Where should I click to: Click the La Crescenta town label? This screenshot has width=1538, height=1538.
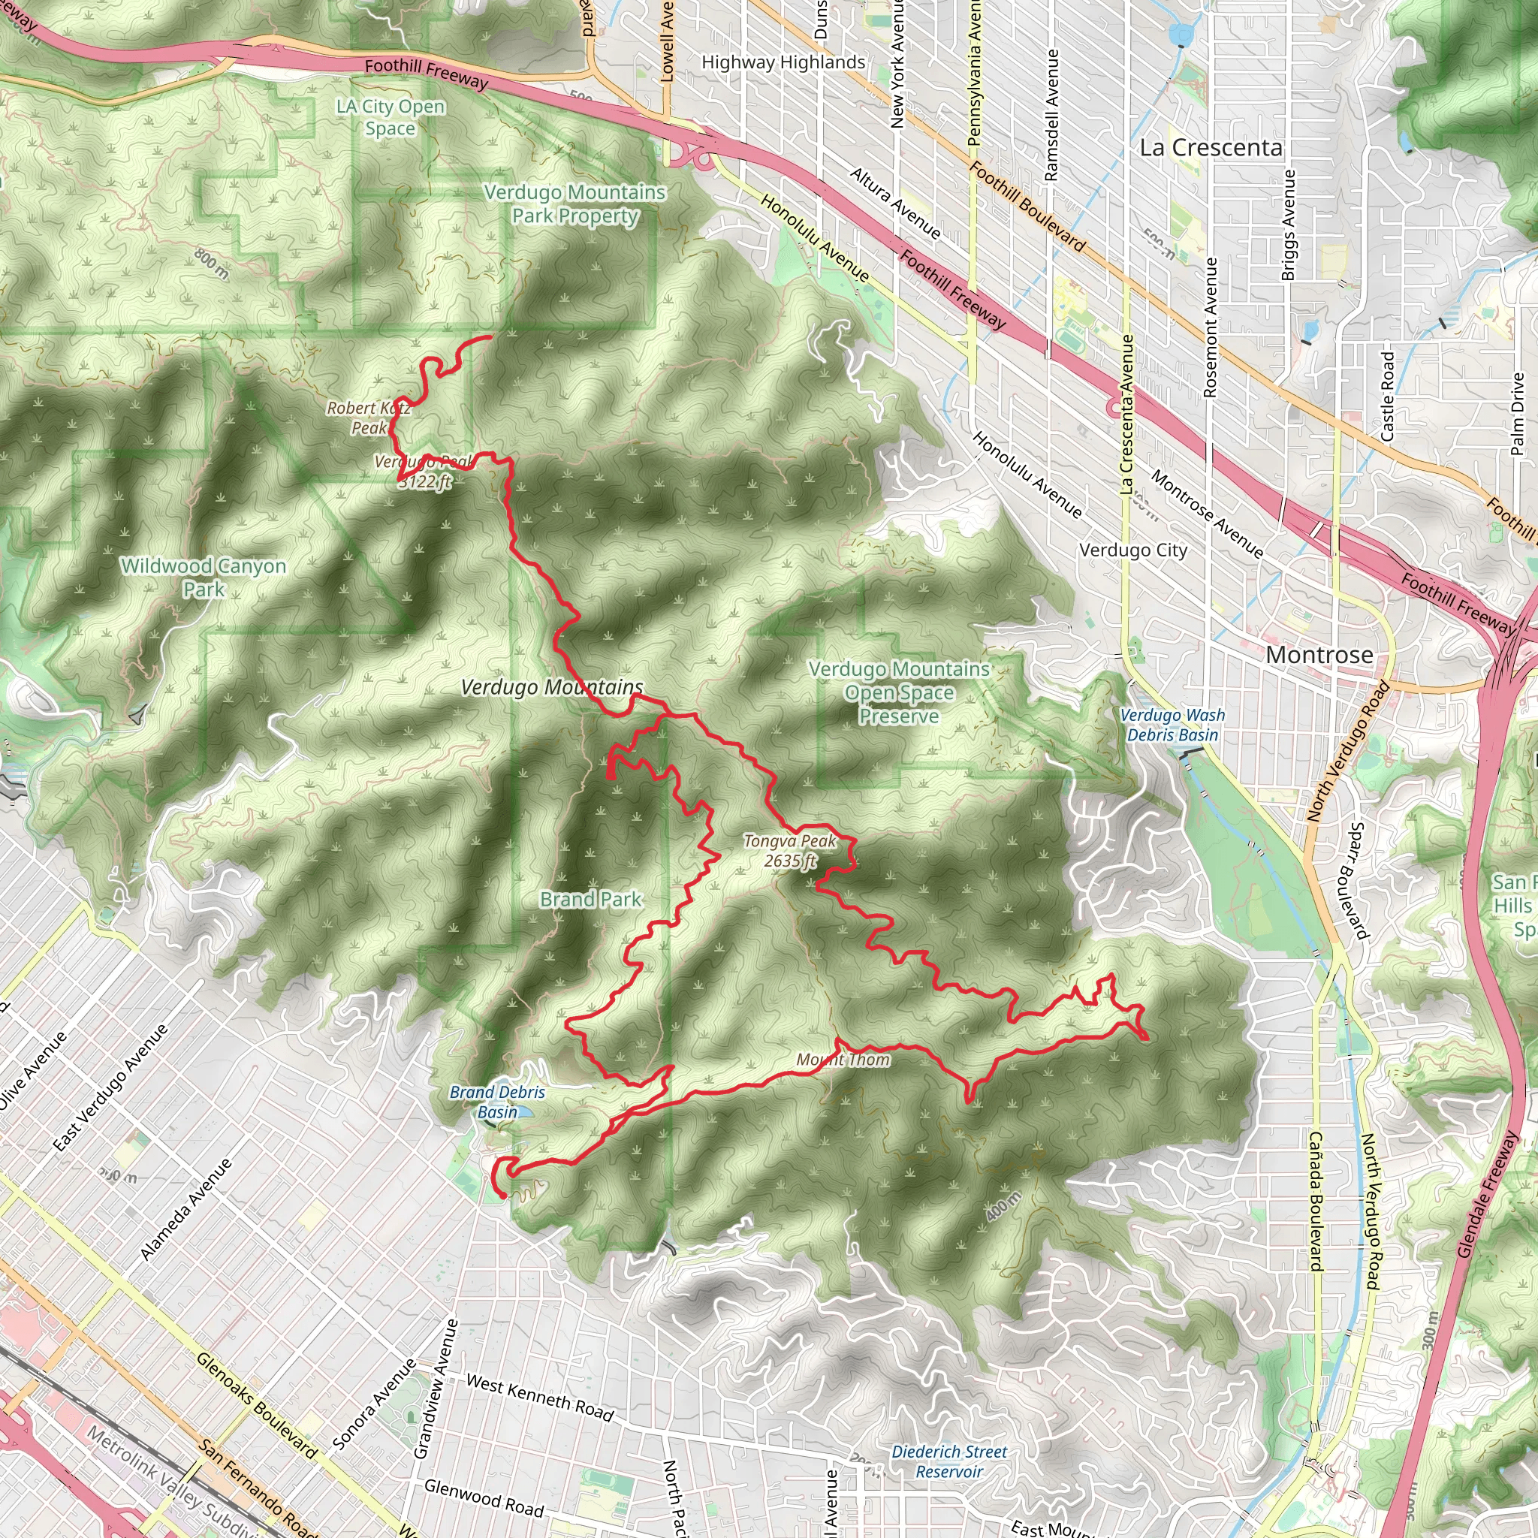point(1211,148)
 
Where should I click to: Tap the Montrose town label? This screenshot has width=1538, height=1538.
point(1319,655)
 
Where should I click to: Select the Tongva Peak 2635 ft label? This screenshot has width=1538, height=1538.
point(791,851)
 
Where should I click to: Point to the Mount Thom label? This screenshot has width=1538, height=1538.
point(843,1060)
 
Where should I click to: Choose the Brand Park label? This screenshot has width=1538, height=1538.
point(591,900)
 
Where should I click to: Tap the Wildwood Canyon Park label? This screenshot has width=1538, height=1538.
point(203,578)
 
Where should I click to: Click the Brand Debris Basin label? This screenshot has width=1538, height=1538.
point(498,1102)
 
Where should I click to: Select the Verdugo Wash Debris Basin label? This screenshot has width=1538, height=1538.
point(1172,725)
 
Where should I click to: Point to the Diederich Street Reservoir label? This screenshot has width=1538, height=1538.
point(949,1461)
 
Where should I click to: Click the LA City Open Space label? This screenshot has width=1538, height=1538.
point(390,117)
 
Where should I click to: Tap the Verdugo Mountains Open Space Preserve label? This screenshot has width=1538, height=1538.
point(899,692)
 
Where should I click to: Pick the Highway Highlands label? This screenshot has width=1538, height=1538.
point(783,63)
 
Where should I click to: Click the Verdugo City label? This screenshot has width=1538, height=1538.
point(1132,550)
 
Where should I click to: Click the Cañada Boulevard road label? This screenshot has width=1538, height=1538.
point(1315,1202)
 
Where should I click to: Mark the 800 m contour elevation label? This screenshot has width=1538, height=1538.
point(212,264)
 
